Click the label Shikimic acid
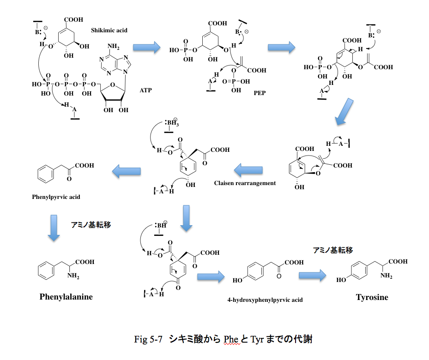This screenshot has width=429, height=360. pyautogui.click(x=109, y=30)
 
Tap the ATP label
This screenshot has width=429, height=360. pyautogui.click(x=146, y=90)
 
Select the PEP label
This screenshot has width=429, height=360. pyautogui.click(x=260, y=92)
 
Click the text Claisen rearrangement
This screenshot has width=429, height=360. pyautogui.click(x=245, y=183)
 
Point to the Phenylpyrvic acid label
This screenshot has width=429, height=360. pyautogui.click(x=56, y=197)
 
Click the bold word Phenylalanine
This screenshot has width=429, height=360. pyautogui.click(x=66, y=297)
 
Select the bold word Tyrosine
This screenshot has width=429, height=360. pyautogui.click(x=372, y=297)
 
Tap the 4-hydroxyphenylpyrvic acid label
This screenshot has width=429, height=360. pyautogui.click(x=265, y=300)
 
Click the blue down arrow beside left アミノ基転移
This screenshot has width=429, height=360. pyautogui.click(x=54, y=228)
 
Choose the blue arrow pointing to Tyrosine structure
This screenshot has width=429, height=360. pyautogui.click(x=312, y=276)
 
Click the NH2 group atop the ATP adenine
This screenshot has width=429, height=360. pyautogui.click(x=113, y=48)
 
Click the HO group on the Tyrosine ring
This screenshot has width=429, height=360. pyautogui.click(x=342, y=280)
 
